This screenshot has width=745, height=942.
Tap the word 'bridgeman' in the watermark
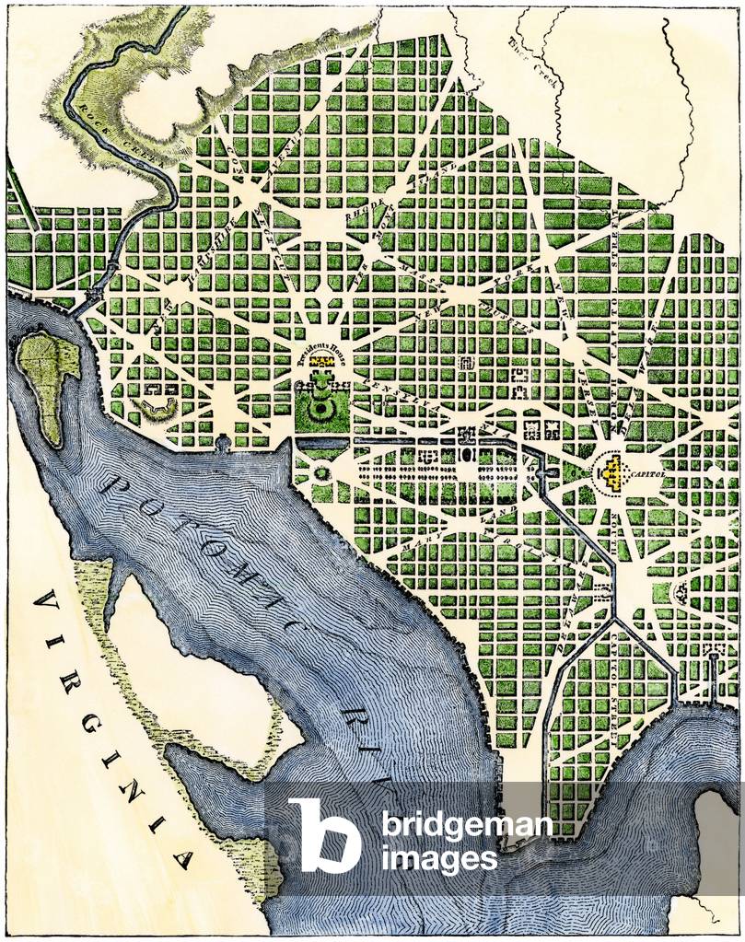[x=468, y=826]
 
